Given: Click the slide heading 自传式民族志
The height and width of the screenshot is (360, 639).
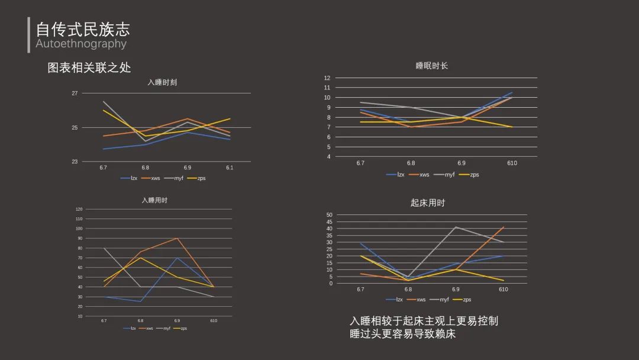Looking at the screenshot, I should pos(83,29).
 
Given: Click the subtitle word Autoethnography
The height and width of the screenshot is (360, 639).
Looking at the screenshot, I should pos(81,44).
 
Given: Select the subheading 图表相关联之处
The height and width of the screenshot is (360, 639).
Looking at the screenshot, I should pos(89,67).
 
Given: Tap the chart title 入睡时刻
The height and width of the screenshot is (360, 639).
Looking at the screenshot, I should pos(162,82).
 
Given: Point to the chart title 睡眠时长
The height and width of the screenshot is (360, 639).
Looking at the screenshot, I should pos(432,66).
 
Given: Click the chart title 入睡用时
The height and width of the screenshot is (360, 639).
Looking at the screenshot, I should pos(154,200).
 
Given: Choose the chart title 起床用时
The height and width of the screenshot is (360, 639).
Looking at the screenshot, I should pos(427,202).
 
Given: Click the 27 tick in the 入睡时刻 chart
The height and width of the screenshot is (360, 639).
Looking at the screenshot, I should pos(75,94).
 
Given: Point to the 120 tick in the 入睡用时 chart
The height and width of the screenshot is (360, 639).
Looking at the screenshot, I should pos(79,209).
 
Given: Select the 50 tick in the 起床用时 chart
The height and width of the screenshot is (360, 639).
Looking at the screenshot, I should pos(330,215).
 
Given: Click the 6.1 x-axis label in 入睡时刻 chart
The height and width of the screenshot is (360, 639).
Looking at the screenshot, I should pos(230,168).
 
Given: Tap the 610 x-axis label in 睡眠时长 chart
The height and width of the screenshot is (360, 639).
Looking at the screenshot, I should pos(512,163).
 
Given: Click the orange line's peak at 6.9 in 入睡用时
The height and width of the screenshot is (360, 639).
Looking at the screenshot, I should pos(177,238).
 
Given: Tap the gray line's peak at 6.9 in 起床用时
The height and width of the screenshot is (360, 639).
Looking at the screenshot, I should pos(456,227).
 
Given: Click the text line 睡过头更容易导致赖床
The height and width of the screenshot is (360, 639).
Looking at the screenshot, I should pos(402,334).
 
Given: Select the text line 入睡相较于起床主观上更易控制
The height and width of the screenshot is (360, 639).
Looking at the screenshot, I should pos(424,321).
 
